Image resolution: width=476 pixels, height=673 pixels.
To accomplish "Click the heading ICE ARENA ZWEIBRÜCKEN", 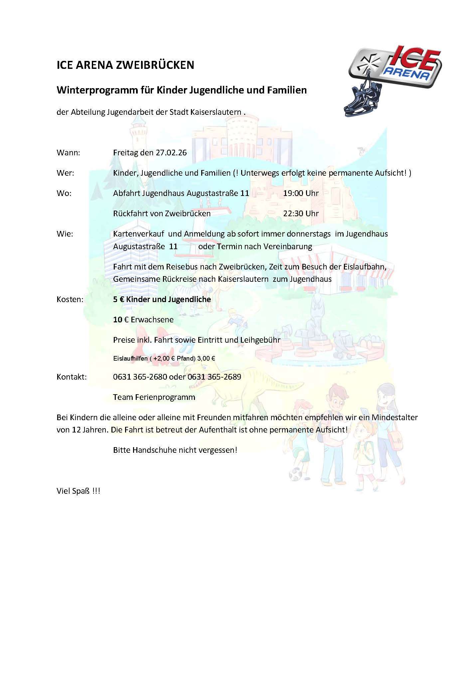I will click(125, 65).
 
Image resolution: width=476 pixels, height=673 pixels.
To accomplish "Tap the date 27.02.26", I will click(171, 153).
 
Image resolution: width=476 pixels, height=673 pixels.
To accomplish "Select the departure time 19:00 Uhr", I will click(301, 193).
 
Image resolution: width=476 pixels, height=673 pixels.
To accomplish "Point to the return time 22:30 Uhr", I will click(301, 213).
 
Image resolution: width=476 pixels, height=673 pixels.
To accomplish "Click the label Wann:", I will click(68, 153).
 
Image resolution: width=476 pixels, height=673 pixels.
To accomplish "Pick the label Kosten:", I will click(70, 299).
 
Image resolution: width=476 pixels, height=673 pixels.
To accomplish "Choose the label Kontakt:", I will click(72, 377).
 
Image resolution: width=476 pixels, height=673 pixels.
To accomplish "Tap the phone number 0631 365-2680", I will click(140, 377).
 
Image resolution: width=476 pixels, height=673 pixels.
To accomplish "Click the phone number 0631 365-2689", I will click(215, 377).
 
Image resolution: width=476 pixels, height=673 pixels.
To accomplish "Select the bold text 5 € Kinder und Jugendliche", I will click(162, 299).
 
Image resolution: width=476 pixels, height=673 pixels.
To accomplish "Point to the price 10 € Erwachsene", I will click(143, 319).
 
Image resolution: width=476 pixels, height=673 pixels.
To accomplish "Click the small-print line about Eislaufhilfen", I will click(164, 359).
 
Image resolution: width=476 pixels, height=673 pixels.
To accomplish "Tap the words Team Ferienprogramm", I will click(154, 397).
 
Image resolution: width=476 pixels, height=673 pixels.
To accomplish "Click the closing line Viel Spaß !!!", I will click(79, 491).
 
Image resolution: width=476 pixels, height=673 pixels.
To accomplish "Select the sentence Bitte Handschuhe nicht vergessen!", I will click(175, 450).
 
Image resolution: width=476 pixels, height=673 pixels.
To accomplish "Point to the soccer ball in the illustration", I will click(294, 474).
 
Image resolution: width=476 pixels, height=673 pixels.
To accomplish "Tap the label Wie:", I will click(65, 234).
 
